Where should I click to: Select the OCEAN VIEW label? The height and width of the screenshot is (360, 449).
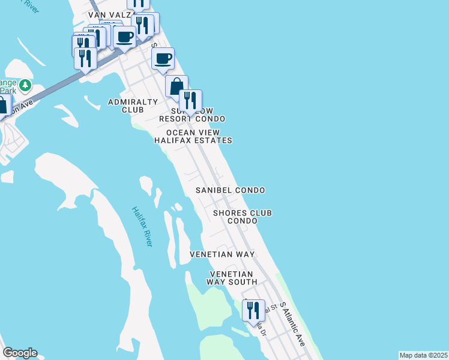193,133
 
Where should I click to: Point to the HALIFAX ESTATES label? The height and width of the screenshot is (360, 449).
193,140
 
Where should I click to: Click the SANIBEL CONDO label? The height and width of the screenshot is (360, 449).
231,190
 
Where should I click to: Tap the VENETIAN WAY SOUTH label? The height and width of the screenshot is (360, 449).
232,278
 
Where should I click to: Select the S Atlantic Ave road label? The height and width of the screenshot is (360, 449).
293,329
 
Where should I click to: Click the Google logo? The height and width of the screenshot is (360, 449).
20,353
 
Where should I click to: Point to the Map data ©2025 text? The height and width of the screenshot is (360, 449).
423,355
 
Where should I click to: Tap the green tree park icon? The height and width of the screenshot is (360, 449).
25,86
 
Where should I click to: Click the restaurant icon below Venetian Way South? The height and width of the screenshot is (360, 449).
253,310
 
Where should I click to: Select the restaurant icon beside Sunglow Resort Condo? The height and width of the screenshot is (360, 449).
190,100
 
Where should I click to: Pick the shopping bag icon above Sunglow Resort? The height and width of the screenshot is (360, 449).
176,86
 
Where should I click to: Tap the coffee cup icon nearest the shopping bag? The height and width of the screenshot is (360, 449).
163,59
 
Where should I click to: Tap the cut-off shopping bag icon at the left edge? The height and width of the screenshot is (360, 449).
4,106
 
